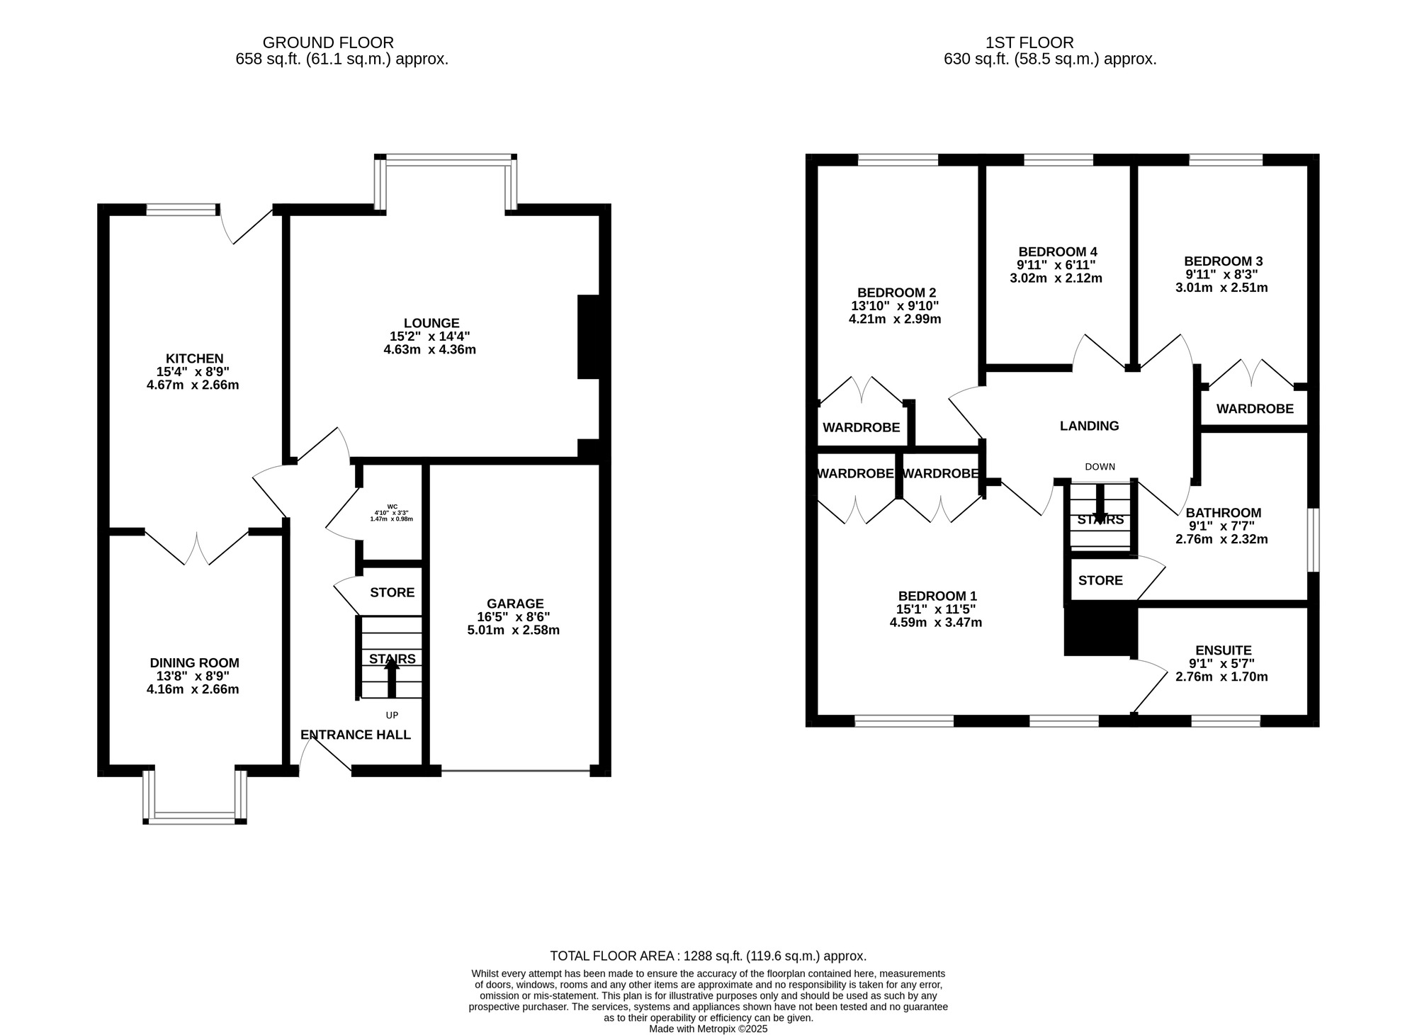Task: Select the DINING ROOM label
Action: [x=194, y=663]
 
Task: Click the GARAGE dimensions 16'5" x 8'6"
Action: [x=513, y=617]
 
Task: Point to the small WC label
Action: [x=392, y=507]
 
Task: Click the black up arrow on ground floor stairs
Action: [x=391, y=677]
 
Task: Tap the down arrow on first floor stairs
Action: [x=1100, y=504]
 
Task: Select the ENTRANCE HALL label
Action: [x=356, y=735]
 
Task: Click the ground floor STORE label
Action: [x=392, y=592]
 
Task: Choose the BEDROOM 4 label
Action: [x=1057, y=251]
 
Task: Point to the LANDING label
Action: [x=1089, y=426]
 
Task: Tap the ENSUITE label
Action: [x=1223, y=650]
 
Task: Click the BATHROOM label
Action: [x=1223, y=512]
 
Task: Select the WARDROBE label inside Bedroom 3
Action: [x=1254, y=409]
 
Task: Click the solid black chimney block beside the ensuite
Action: [x=1100, y=629]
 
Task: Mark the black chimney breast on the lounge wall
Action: [x=589, y=336]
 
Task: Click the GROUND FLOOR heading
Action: [x=328, y=43]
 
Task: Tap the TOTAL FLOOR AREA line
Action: [x=708, y=956]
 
